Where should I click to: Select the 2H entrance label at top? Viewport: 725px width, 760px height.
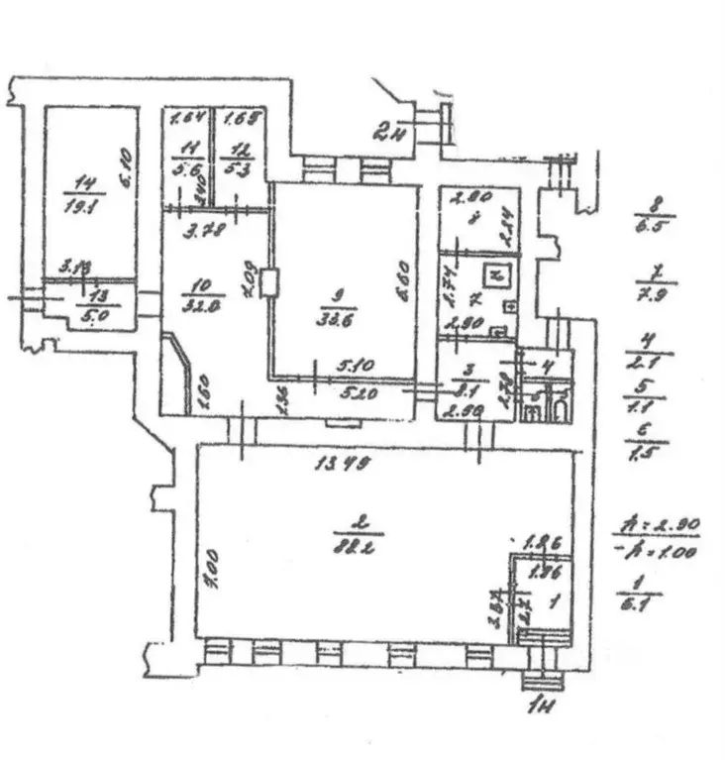coord(387,131)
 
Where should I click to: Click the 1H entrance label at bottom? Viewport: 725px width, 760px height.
coord(544,706)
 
